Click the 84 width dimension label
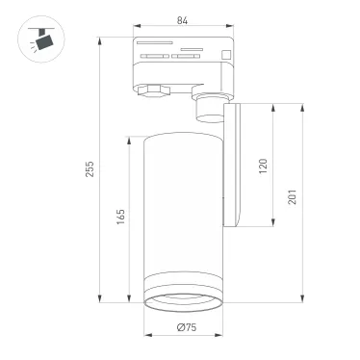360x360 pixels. (x=182, y=21)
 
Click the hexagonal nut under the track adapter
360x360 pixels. (x=152, y=91)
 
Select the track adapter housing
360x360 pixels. (x=182, y=64)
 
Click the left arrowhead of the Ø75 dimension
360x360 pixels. (x=146, y=337)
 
